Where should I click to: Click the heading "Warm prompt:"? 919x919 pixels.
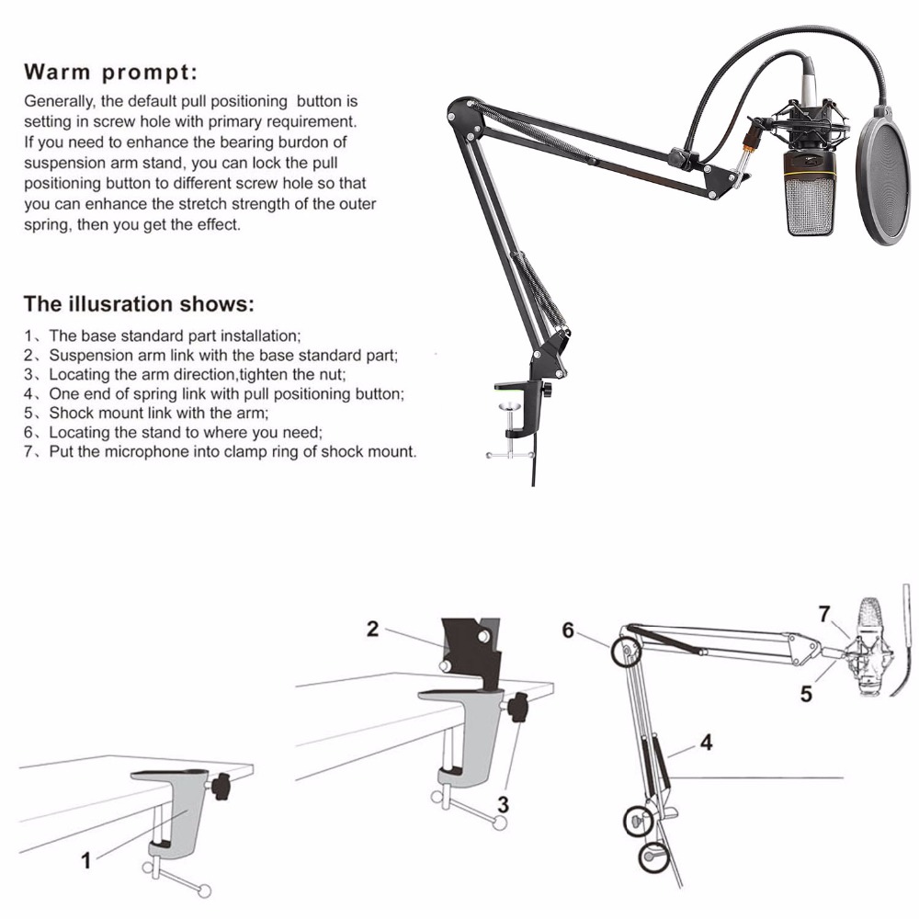tap(110, 72)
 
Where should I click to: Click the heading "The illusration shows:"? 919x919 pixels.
tap(138, 303)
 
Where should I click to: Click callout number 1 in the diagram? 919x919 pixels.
tap(86, 861)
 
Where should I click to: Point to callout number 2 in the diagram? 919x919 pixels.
tap(372, 629)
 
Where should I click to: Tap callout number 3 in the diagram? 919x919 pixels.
tap(503, 804)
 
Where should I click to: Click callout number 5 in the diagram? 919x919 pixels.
tap(806, 695)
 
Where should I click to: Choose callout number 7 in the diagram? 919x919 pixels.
tap(824, 611)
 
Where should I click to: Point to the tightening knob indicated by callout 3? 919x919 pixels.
tap(520, 709)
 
